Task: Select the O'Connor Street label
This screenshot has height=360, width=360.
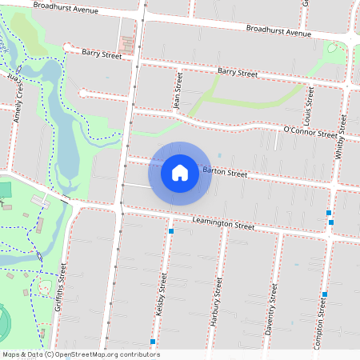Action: pyautogui.click(x=310, y=133)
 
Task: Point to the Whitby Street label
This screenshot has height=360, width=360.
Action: pyautogui.click(x=341, y=136)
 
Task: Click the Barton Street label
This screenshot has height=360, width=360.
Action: pyautogui.click(x=225, y=172)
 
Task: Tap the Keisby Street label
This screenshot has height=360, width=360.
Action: pyautogui.click(x=163, y=293)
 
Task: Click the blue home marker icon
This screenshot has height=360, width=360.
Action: pyautogui.click(x=180, y=172)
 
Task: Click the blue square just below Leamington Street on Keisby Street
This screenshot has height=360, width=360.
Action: pyautogui.click(x=171, y=231)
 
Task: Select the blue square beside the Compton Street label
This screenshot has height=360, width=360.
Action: pyautogui.click(x=324, y=294)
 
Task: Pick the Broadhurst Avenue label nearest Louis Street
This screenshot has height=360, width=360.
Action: pyautogui.click(x=278, y=32)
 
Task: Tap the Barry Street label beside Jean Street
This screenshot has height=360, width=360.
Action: pyautogui.click(x=237, y=73)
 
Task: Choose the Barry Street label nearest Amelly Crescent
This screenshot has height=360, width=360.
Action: pyautogui.click(x=102, y=54)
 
